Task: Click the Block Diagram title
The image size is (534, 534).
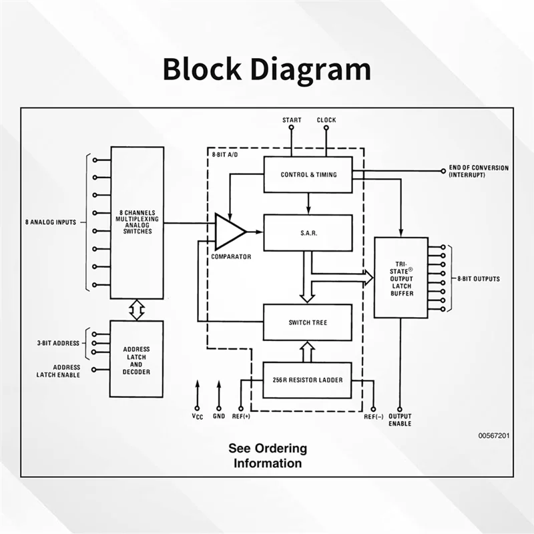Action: coord(266,69)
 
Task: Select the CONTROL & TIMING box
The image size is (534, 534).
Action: coord(308,175)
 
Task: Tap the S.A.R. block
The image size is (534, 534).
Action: coord(308,232)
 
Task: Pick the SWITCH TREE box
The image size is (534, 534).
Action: coord(308,322)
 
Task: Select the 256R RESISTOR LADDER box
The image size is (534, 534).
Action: coord(308,380)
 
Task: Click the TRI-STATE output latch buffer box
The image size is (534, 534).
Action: coord(400,277)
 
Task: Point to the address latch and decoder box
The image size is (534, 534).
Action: coord(136,358)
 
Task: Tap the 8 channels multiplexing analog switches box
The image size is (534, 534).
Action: coord(136,222)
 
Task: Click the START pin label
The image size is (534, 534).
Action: coord(292,120)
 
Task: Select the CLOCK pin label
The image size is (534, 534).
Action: coord(326,120)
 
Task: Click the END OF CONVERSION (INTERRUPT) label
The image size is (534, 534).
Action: coord(478,171)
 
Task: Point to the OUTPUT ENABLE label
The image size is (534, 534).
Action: coord(400,421)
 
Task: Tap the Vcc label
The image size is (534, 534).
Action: coord(197,417)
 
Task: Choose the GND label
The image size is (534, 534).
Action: coord(219,417)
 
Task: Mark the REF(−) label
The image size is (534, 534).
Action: coord(373,417)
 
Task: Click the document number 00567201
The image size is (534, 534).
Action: coord(494,435)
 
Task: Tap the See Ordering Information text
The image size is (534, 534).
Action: coord(268,456)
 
